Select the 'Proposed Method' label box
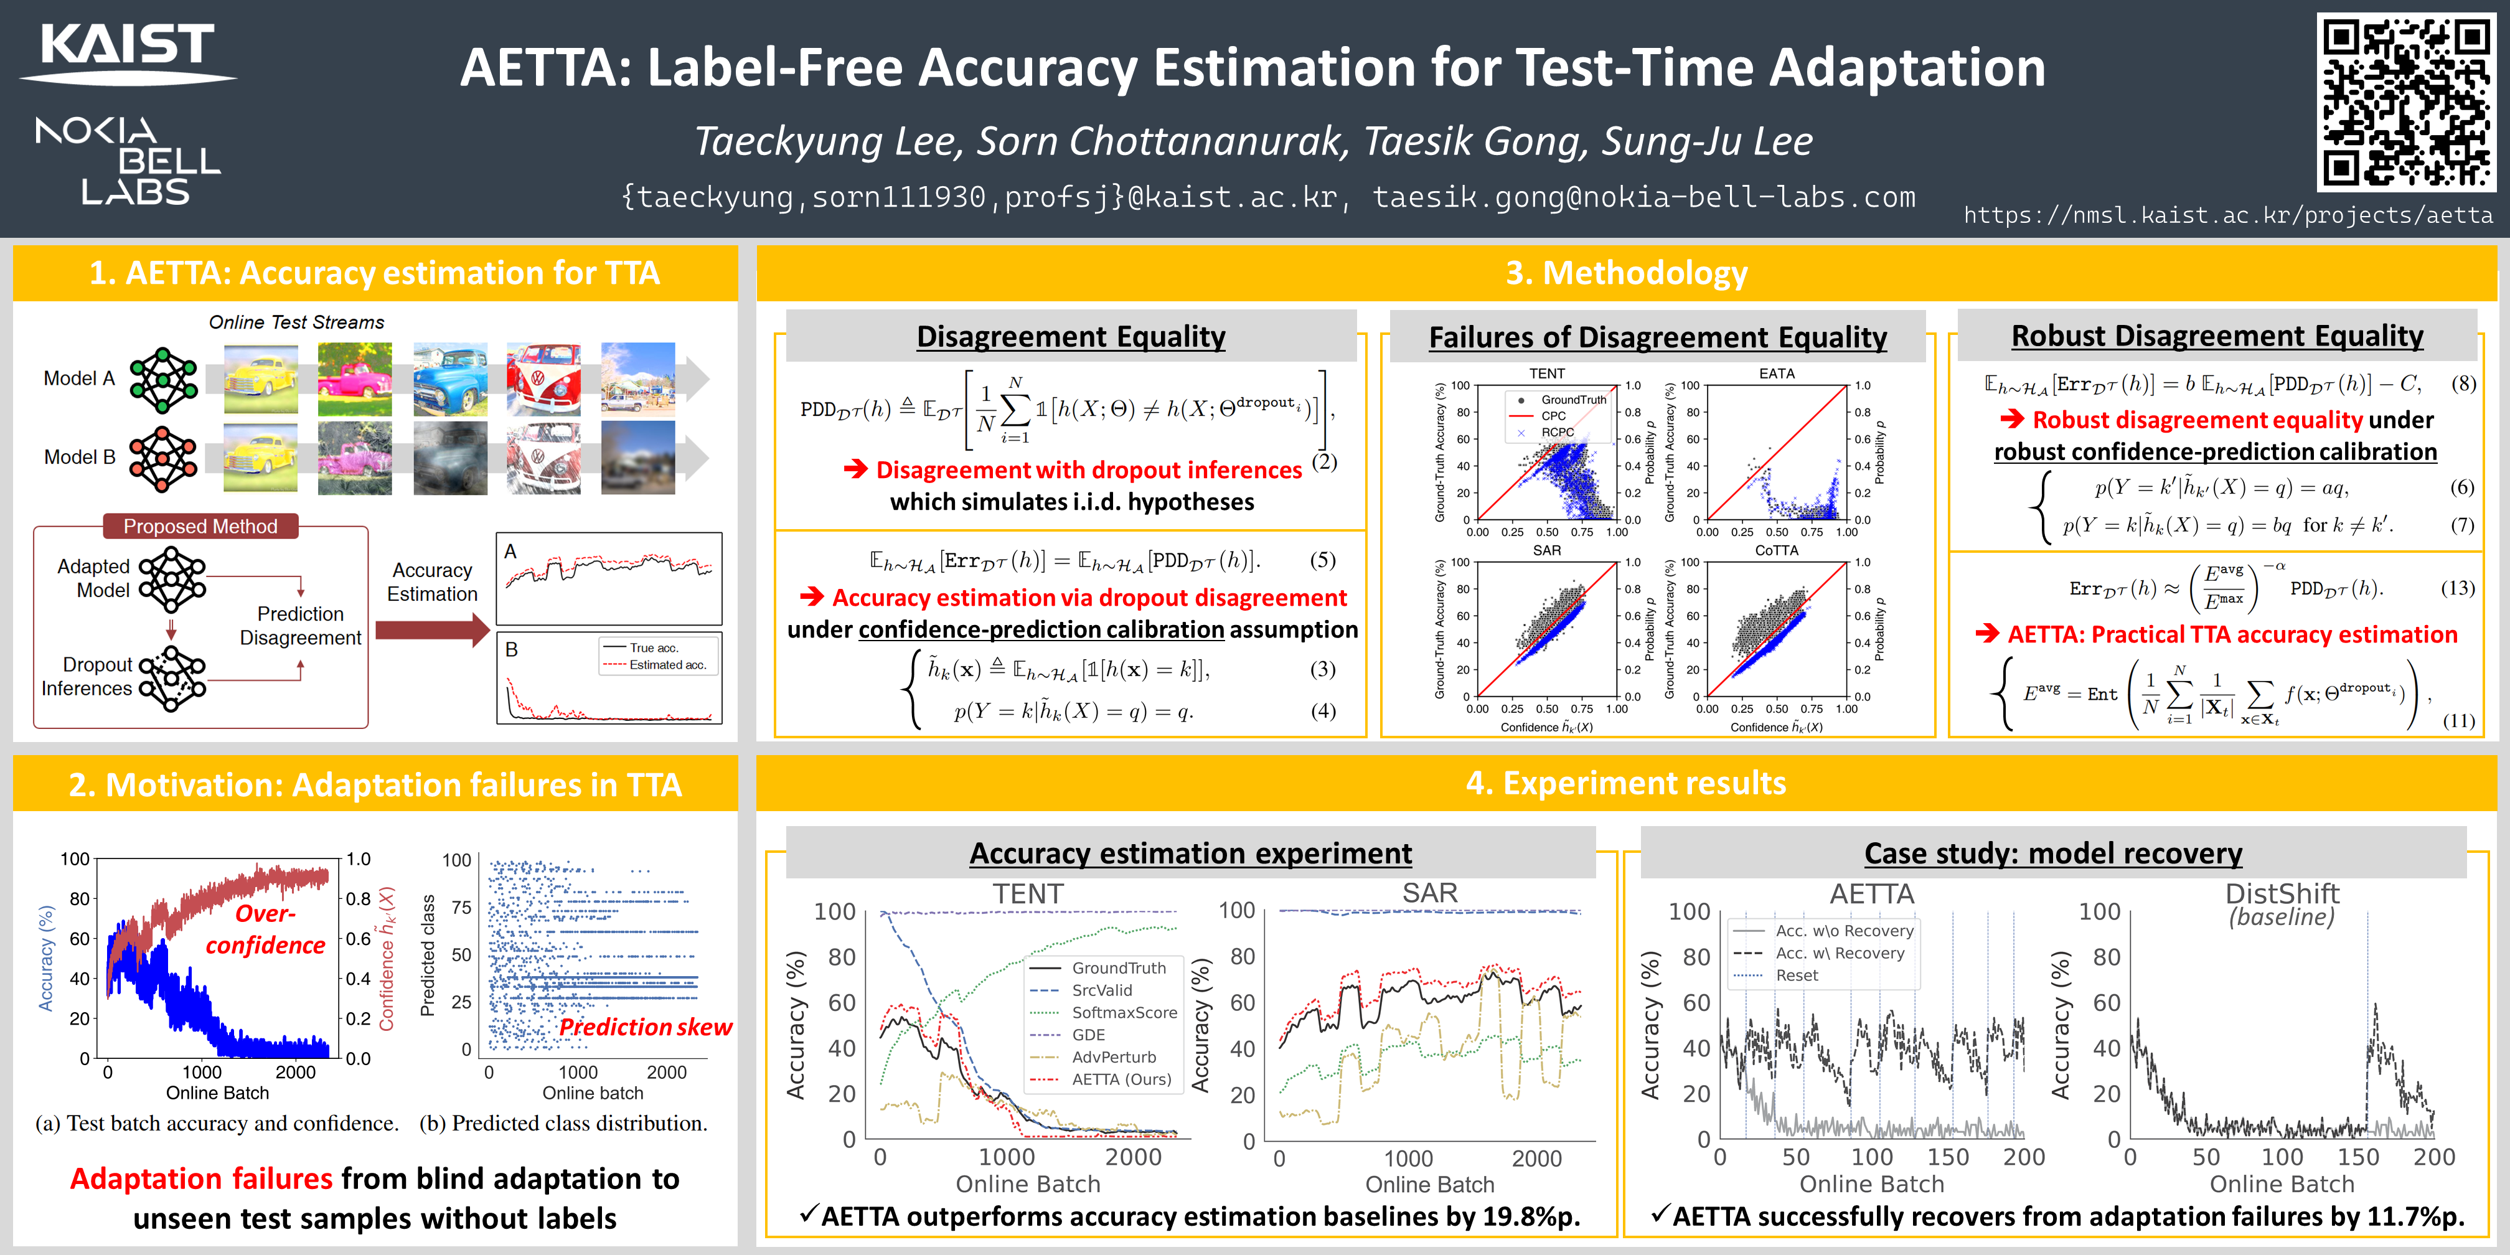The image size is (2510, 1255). (200, 526)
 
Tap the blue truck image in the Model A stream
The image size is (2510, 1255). (449, 379)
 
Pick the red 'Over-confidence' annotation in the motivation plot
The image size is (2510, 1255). (265, 929)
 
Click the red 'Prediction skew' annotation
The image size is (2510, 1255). (645, 1027)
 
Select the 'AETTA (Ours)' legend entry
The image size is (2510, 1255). (1121, 1079)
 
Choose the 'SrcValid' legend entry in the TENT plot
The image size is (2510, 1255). (1101, 990)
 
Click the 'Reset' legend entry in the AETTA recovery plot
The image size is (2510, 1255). (1796, 975)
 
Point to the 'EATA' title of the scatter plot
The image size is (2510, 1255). (1776, 373)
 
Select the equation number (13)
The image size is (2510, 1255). (2457, 588)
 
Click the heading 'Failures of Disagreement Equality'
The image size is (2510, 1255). (1657, 337)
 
